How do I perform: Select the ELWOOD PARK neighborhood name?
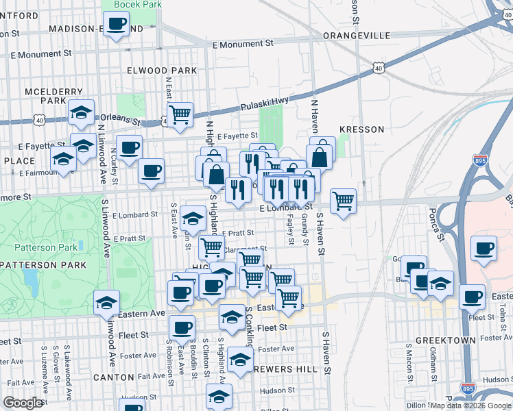162,71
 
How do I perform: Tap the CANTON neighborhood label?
112,377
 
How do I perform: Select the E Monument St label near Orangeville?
243,43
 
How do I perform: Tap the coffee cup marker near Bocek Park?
116,25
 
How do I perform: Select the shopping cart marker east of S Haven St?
343,200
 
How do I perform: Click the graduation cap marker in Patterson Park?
107,302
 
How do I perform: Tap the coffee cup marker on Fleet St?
181,328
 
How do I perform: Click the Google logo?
22,402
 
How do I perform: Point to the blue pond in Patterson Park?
30,278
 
